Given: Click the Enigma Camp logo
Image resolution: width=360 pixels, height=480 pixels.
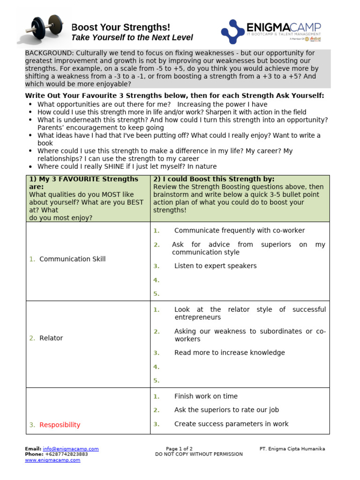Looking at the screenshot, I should pos(271,31).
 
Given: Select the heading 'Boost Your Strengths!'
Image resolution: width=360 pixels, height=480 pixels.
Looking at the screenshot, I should pos(120,27).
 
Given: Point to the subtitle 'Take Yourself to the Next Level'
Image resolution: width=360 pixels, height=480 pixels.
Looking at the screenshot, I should pos(132,38).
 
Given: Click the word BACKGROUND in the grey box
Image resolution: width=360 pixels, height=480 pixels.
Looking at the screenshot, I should pos(48,53).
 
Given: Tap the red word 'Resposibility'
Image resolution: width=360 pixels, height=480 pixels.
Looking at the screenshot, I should pos(60,425).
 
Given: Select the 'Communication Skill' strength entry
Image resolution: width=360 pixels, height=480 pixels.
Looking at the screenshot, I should pos(72,259).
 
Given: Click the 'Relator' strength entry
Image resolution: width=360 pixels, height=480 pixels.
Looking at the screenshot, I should pos(51,338).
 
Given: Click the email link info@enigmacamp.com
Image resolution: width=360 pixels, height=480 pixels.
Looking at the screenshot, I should pos(70,449).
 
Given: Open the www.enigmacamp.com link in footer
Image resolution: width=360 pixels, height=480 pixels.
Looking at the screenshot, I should pos(52,460).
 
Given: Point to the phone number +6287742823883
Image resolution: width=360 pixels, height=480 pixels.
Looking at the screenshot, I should pos(66,454).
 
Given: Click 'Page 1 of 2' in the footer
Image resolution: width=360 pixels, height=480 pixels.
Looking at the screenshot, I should pos(179,449).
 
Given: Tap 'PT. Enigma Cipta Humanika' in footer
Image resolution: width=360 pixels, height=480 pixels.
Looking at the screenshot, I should pos(292,449).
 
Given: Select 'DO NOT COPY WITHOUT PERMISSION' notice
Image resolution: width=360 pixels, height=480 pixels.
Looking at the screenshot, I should pos(199,454).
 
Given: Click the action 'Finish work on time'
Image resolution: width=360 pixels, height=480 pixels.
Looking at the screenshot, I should pos(206,397).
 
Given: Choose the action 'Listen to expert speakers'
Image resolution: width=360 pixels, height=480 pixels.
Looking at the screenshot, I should pos(215,266).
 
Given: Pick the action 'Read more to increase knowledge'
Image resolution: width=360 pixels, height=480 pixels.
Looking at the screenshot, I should pos(229,353).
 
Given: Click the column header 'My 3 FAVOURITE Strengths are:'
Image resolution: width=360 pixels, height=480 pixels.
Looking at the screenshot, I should pos(83,182).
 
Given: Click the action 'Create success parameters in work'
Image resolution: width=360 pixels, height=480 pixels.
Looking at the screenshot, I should pos(231,424).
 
